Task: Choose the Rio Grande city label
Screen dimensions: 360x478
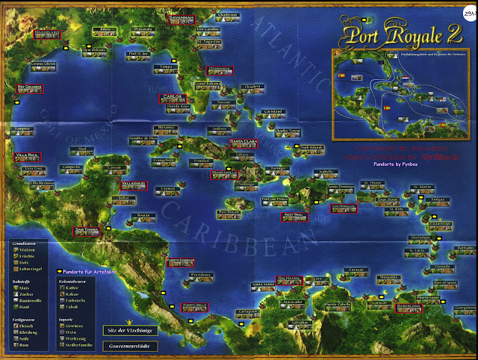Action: pyautogui.click(x=28, y=87)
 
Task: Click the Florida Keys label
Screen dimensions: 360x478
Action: pyautogui.click(x=178, y=108)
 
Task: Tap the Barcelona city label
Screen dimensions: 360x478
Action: pyautogui.click(x=409, y=305)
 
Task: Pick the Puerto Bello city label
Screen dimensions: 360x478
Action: pyautogui.click(x=193, y=306)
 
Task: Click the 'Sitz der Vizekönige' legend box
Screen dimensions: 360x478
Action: pyautogui.click(x=125, y=329)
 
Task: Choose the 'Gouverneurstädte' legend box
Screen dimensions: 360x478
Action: pyautogui.click(x=125, y=347)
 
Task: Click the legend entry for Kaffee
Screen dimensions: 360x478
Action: pyautogui.click(x=69, y=288)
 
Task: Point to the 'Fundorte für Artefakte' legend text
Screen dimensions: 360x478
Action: pyautogui.click(x=89, y=272)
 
